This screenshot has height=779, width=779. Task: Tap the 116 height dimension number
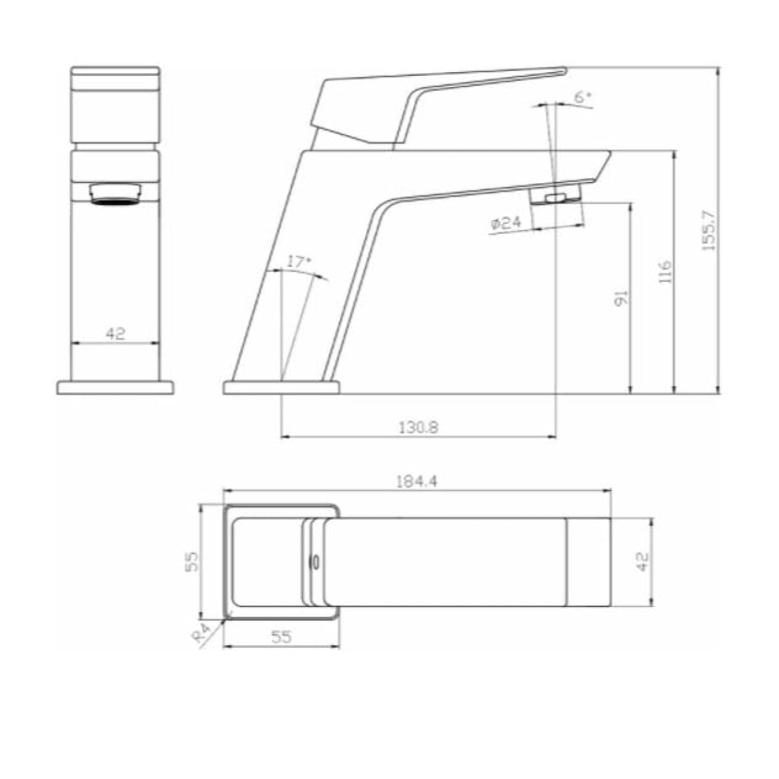665,271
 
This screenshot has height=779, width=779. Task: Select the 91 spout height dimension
621,298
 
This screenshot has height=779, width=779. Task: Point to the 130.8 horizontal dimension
419,427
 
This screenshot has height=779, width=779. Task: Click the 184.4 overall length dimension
416,482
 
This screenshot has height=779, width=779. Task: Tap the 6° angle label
582,97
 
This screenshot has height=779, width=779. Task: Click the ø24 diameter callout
506,223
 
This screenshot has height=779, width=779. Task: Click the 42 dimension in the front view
116,334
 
